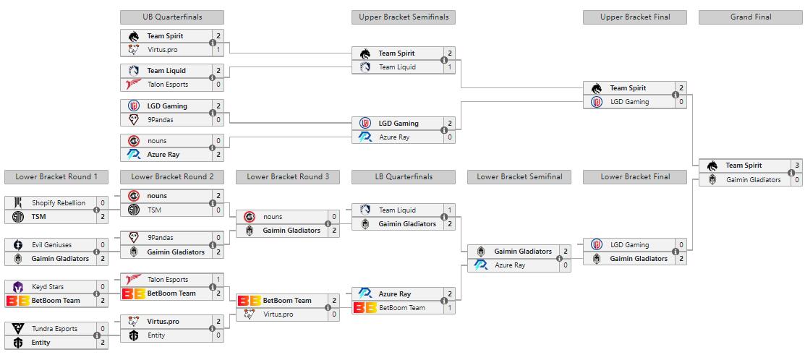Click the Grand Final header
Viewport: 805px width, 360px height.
(751, 17)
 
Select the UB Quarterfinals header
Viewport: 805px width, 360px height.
(172, 17)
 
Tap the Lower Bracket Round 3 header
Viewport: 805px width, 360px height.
(288, 177)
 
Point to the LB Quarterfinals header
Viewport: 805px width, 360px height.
(404, 177)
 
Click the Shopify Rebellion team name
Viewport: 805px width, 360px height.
(59, 202)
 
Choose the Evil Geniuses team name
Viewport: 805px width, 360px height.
(52, 244)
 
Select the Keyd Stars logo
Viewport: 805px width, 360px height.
(18, 287)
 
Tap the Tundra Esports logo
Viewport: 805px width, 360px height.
(18, 329)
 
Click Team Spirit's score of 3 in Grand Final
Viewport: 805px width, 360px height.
(797, 166)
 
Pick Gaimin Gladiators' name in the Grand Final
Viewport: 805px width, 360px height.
(753, 179)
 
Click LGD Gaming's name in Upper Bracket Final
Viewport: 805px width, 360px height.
(629, 101)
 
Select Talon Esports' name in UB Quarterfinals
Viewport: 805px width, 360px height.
(168, 84)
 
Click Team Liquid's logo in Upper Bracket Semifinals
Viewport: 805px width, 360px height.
(365, 67)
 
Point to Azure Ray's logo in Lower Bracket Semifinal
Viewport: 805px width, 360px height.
(481, 265)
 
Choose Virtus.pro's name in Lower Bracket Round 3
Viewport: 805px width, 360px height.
(278, 314)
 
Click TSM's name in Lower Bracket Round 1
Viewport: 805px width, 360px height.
(38, 216)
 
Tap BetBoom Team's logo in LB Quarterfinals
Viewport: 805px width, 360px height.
(365, 308)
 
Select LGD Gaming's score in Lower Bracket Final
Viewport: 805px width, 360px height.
(681, 244)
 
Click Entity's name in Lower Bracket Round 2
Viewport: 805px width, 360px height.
(156, 335)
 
